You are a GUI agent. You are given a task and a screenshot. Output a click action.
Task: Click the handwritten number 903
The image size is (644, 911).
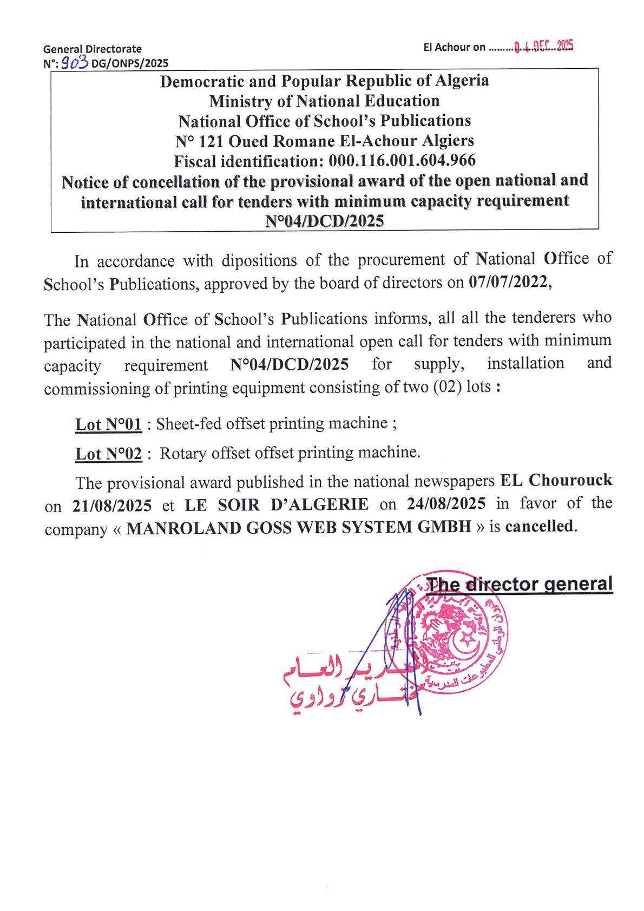74,63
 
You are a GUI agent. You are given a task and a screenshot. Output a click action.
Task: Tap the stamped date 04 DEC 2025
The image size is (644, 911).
543,47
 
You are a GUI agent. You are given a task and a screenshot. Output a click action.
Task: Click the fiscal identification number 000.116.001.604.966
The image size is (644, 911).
402,160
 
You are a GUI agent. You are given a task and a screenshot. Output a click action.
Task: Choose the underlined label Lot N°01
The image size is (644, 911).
108,424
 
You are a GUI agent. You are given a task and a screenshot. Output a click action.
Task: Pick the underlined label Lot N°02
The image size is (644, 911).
108,453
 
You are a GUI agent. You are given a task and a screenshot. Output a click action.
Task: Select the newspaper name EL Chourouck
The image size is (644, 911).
556,480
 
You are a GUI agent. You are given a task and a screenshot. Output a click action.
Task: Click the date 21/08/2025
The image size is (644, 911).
112,506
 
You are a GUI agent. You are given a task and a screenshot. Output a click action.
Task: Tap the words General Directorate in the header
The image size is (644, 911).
93,49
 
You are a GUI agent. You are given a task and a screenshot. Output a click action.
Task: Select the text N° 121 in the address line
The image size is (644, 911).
199,141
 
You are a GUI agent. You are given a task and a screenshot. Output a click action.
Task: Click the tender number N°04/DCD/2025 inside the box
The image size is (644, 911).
324,221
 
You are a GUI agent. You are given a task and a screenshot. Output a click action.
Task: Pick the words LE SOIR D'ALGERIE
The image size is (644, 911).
277,504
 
